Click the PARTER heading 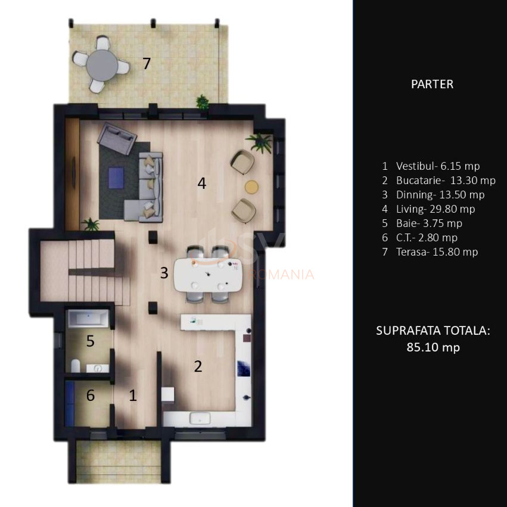pos(432,84)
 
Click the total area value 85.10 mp pos(433,347)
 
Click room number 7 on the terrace pos(147,63)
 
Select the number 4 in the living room pos(202,183)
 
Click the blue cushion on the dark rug pos(116,176)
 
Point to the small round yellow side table pos(253,186)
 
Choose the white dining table pos(208,275)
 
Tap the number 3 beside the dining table pos(164,273)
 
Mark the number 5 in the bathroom pos(90,341)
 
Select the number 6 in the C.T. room pos(90,395)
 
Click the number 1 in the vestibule pos(133,395)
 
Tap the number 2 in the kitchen pos(198,366)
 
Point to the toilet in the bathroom pos(75,365)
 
